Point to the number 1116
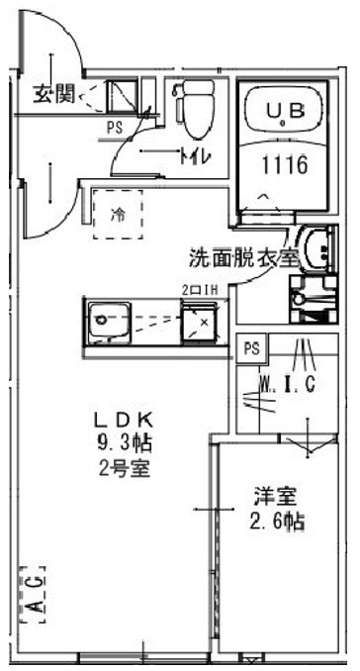tap(280, 165)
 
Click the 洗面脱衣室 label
tap(243, 258)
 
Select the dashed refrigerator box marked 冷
tap(118, 213)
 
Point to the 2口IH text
tap(196, 290)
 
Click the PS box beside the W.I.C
tap(252, 348)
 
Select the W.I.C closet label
tap(286, 384)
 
